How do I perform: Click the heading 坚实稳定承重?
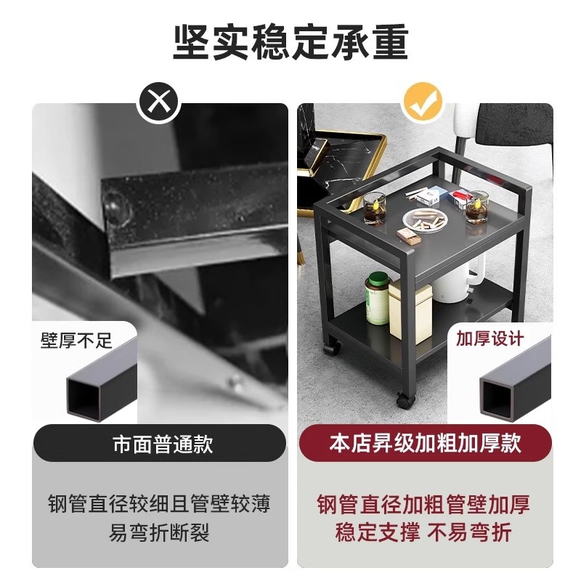click(290, 42)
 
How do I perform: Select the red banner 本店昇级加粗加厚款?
click(426, 443)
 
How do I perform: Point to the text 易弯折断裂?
click(160, 534)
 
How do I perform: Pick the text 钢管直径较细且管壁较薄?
click(160, 504)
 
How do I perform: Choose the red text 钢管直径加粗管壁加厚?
click(423, 504)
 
